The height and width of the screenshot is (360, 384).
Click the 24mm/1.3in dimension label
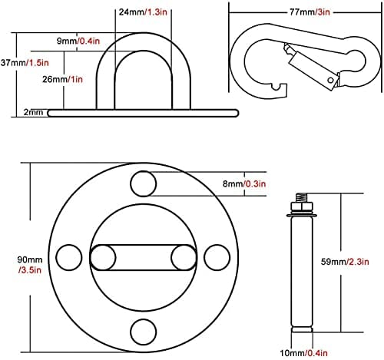click(x=143, y=12)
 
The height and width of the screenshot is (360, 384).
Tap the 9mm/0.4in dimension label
click(x=78, y=41)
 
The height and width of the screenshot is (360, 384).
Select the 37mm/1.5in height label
click(x=25, y=63)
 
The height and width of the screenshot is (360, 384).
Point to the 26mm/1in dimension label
click(x=62, y=79)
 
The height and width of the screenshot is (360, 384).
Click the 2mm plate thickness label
click(x=33, y=112)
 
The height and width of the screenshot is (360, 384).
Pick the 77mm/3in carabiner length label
click(x=310, y=12)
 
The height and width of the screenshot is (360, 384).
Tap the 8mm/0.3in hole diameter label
click(x=244, y=183)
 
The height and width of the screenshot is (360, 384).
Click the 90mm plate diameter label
click(x=30, y=265)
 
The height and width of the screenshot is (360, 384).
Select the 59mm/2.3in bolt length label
click(x=345, y=262)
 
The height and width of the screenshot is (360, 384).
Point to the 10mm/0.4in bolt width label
click(x=303, y=353)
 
